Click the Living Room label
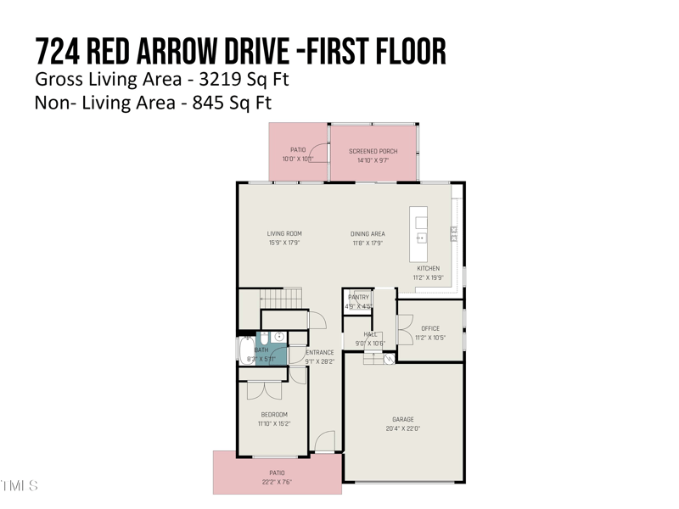284,234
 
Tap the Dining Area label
368,234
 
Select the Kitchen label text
428,269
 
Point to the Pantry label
358,298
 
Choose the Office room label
430,328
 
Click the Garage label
403,419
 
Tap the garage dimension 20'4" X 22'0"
403,428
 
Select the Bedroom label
273,415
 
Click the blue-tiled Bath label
261,350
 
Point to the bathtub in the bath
246,350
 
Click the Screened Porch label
373,151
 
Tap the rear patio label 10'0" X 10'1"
298,159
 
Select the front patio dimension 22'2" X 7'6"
277,483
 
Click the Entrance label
320,352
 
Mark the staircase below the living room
281,298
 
